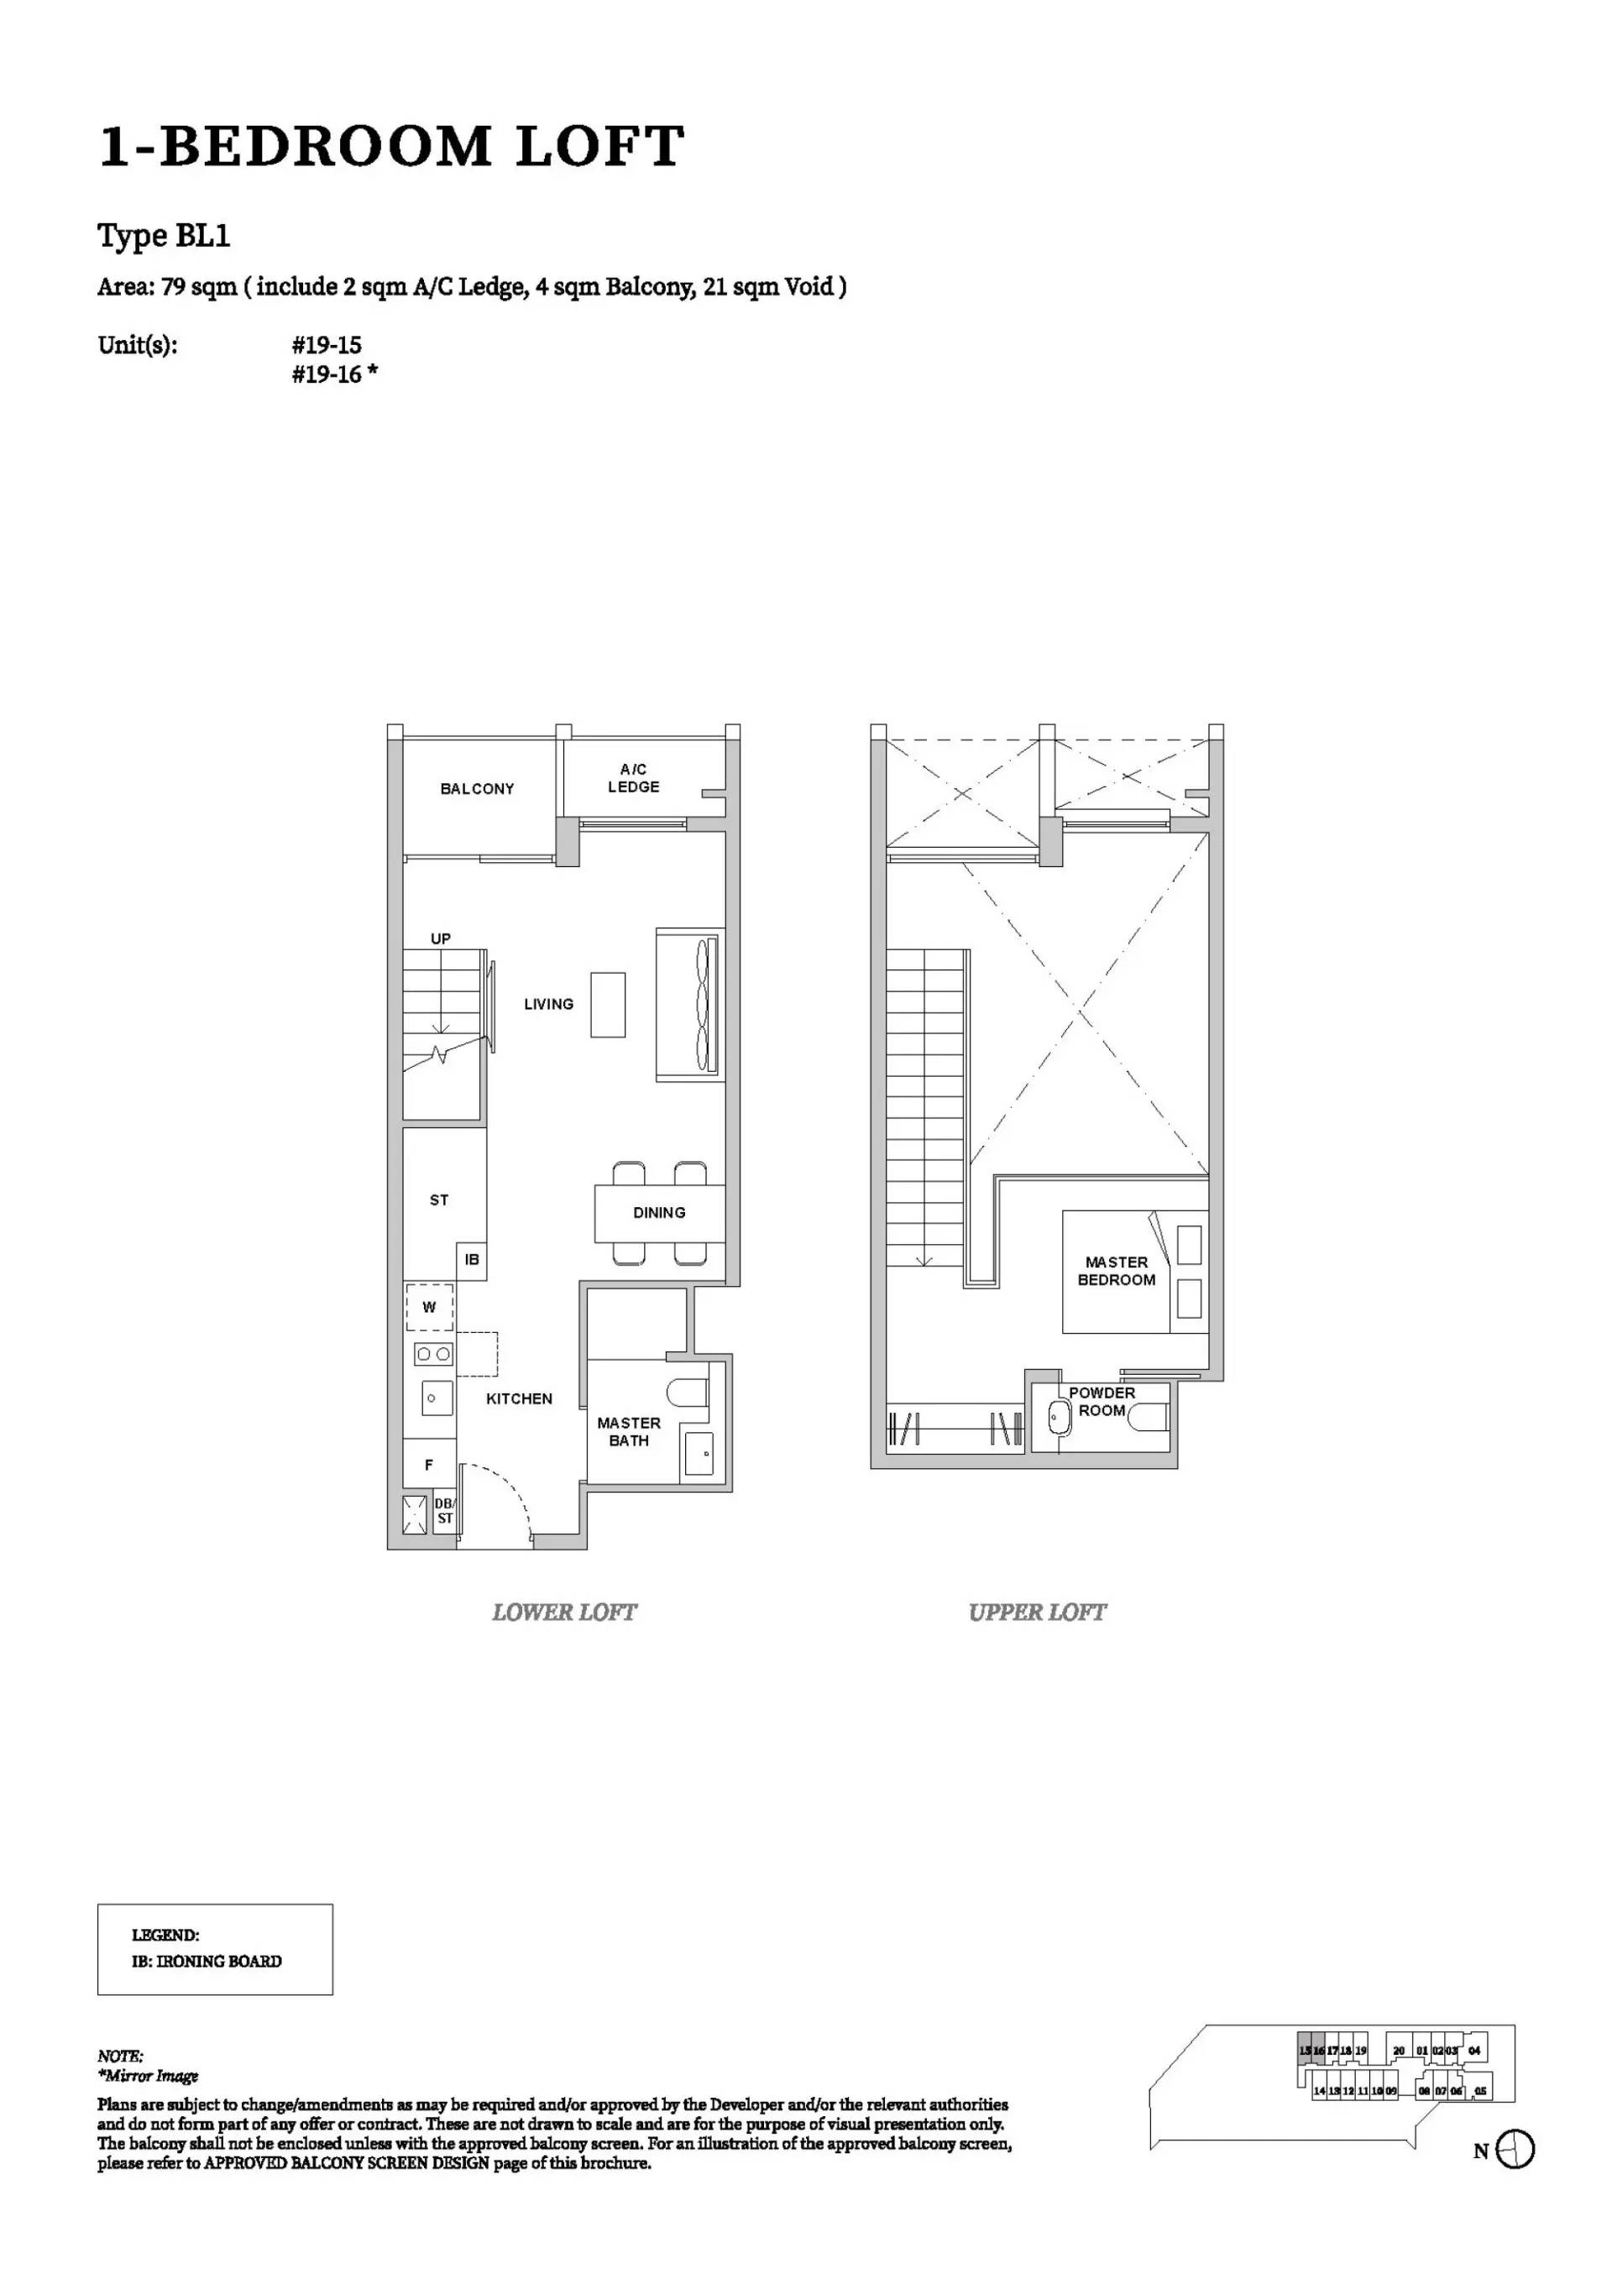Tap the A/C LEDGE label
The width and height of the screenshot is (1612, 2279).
[x=633, y=778]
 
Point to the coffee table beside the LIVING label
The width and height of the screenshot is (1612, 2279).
[x=608, y=1005]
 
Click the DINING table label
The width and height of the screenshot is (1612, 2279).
[x=658, y=1212]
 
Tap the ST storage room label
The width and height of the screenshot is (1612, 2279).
[x=439, y=1200]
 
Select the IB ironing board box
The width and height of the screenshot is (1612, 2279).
[x=472, y=1260]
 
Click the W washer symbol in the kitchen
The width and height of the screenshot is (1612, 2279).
[x=429, y=1307]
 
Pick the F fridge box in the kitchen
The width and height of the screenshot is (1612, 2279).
[x=429, y=1464]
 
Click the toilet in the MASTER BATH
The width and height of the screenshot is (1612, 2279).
[x=687, y=1393]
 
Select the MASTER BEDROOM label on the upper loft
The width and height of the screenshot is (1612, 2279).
[x=1116, y=1271]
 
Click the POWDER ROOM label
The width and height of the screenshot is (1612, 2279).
[x=1102, y=1402]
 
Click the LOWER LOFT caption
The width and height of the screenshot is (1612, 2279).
[x=564, y=1612]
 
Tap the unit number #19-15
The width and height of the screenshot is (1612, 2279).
[x=327, y=346]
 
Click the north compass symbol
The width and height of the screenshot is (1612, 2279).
[x=1514, y=2150]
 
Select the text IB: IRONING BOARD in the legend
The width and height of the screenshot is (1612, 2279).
[x=207, y=1962]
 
